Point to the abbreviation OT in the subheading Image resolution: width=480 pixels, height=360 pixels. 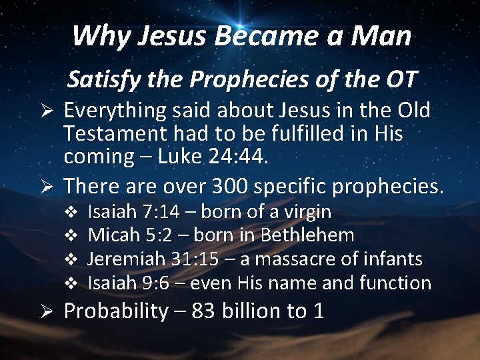click(x=399, y=79)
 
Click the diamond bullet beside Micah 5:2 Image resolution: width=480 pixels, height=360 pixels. click(x=75, y=236)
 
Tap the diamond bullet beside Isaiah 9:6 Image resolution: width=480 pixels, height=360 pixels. click(x=75, y=283)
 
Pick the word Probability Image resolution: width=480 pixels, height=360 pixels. click(x=116, y=311)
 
